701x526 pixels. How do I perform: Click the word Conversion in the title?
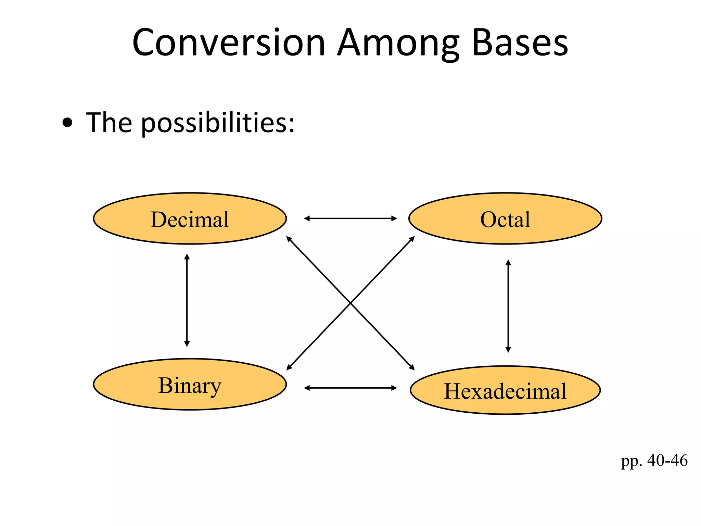[229, 43]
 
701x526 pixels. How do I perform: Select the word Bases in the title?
[520, 43]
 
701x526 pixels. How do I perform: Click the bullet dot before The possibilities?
[68, 123]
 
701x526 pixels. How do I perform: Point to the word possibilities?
[218, 123]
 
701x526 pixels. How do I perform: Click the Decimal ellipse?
[190, 219]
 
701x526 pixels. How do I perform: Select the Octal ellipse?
[505, 219]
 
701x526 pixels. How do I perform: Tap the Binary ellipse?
[190, 385]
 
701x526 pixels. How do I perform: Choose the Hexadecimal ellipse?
[505, 390]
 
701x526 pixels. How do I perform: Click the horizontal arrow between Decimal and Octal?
[350, 218]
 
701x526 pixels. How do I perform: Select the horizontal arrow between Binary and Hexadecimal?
[350, 388]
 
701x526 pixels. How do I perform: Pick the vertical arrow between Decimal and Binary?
[187, 300]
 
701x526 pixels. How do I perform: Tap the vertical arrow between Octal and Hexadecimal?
[508, 306]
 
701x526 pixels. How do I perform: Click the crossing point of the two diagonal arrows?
[350, 303]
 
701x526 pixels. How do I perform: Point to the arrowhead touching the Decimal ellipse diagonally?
[289, 238]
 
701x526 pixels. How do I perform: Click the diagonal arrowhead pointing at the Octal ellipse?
[412, 238]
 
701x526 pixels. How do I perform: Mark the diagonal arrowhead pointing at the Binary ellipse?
[289, 368]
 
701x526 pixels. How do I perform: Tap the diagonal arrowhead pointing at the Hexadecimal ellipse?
[412, 368]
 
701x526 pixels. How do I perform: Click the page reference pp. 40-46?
[654, 461]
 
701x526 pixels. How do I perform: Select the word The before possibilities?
[109, 123]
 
